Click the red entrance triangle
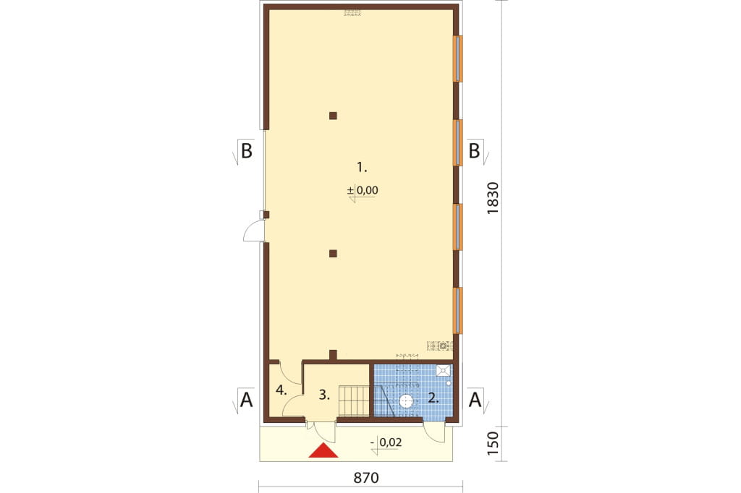pos(323,452)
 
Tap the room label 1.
pos(362,167)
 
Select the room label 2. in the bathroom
pos(433,398)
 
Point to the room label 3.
pos(324,395)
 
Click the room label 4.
pos(281,390)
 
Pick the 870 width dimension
pos(366,478)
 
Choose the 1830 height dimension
pos(492,198)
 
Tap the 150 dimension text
pos(492,443)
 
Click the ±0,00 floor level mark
pos(363,191)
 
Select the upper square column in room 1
pos(333,115)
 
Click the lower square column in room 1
pos(333,254)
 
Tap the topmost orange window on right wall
pos(457,59)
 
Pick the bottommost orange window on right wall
pos(457,310)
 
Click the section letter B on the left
pos(246,152)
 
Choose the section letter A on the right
pos(475,400)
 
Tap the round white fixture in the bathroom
pos(407,401)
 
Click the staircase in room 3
pos(353,400)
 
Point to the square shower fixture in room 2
pos(444,371)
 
